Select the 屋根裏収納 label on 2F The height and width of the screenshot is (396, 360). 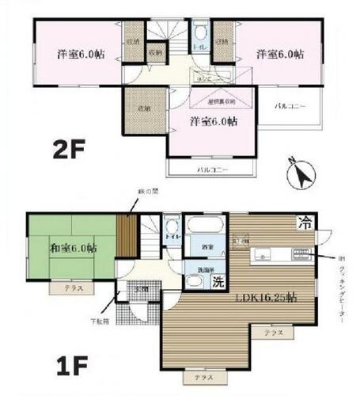coord(222,101)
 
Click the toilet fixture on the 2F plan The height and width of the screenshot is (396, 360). coord(201,35)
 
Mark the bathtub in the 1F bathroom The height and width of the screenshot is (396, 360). coord(208,224)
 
